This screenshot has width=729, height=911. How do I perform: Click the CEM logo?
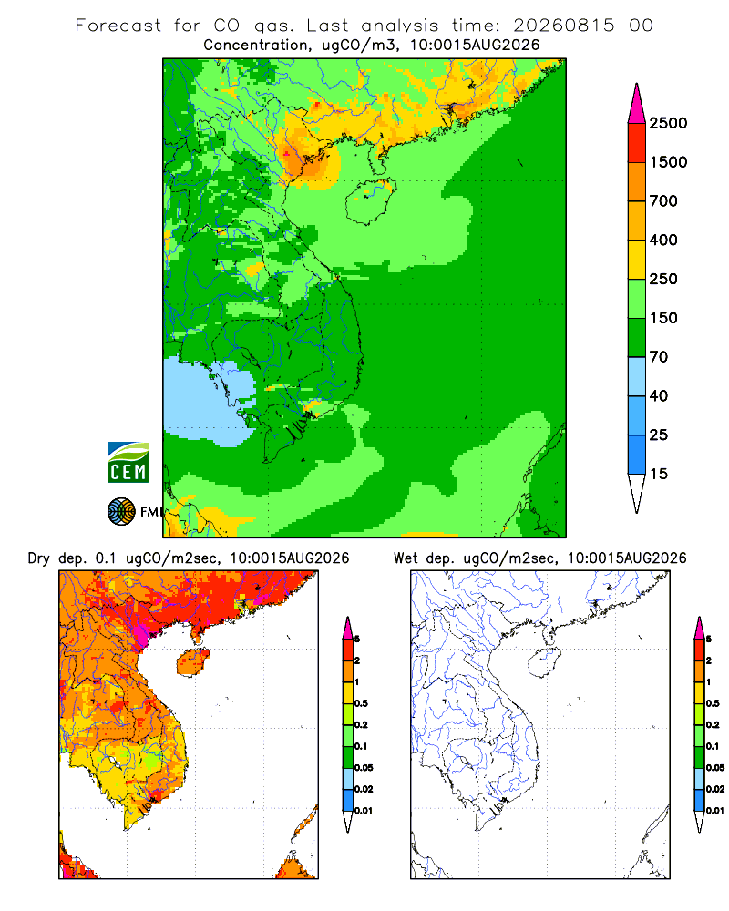(x=128, y=463)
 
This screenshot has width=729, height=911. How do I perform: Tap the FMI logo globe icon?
(x=121, y=512)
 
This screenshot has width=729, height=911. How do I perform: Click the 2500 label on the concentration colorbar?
(x=668, y=123)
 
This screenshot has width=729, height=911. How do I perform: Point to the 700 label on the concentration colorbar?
(x=663, y=201)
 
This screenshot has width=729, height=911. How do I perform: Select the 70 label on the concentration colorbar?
(x=659, y=357)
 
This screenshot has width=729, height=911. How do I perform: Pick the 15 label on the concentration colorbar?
(x=659, y=474)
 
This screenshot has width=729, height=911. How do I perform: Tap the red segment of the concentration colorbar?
(x=637, y=143)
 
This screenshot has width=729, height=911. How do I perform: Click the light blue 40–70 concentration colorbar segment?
(x=637, y=376)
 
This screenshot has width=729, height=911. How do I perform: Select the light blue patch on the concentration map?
(x=210, y=402)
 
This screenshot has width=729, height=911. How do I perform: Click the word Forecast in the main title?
(x=118, y=26)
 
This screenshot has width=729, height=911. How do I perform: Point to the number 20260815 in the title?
(x=563, y=26)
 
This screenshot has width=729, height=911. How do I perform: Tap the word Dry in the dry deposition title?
(x=39, y=559)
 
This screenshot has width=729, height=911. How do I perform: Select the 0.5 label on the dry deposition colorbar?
(x=361, y=703)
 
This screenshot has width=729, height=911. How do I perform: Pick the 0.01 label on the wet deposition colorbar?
(x=715, y=811)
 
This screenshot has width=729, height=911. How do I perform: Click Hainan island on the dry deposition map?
(x=192, y=662)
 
